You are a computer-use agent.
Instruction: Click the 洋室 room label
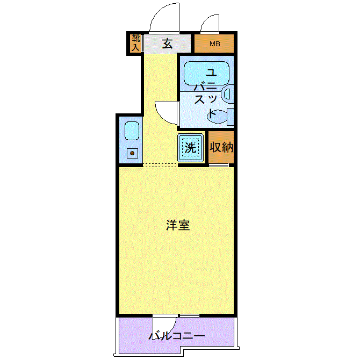(x=178, y=225)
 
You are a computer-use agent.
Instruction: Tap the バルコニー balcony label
(x=177, y=336)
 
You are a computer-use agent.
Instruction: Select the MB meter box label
(x=215, y=44)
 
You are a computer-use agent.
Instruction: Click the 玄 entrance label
(x=167, y=44)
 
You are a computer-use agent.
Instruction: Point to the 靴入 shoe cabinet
(x=135, y=43)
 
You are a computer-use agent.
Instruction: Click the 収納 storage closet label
(x=221, y=147)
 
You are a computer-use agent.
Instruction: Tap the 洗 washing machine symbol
(x=190, y=148)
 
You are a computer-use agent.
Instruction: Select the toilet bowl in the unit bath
(x=217, y=116)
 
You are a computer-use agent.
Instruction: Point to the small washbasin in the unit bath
(x=228, y=94)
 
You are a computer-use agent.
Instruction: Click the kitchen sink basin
(x=132, y=131)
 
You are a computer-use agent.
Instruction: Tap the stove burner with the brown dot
(x=132, y=153)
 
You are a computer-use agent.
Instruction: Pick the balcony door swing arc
(x=172, y=328)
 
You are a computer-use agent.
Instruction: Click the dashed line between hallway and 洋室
(x=160, y=165)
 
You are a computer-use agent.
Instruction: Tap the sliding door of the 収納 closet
(x=219, y=165)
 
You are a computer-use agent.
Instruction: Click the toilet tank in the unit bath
(x=231, y=117)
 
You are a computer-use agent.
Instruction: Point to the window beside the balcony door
(x=189, y=316)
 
